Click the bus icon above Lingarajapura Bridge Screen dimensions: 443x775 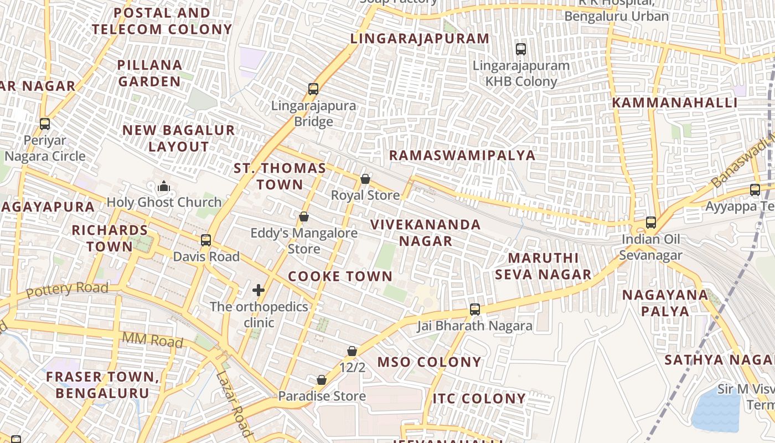[x=313, y=89]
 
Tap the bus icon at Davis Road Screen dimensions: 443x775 [x=206, y=240]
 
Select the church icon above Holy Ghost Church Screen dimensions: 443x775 [x=163, y=187]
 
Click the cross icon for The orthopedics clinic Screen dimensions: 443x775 [x=259, y=290]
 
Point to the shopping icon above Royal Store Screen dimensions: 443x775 [x=365, y=179]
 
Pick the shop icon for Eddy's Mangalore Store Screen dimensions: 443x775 [x=303, y=217]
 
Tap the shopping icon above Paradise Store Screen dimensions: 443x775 [x=322, y=380]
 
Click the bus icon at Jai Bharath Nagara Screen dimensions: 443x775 [x=474, y=309]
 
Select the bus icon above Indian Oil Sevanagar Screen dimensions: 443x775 [x=651, y=223]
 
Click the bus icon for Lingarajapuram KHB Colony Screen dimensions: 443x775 [x=520, y=49]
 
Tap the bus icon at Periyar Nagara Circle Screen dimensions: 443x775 [x=45, y=124]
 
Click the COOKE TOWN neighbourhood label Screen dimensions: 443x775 [x=340, y=276]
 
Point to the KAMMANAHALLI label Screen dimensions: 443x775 [x=674, y=103]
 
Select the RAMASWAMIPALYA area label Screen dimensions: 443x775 [x=462, y=155]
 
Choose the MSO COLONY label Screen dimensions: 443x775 [x=430, y=362]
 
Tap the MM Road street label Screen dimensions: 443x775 [x=152, y=340]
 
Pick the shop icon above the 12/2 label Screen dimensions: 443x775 [x=352, y=351]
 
